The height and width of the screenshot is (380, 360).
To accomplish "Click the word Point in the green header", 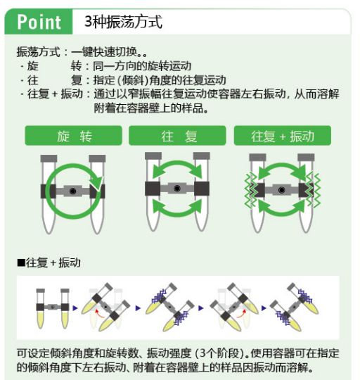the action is (x=39, y=22).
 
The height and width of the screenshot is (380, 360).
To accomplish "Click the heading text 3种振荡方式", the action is (x=123, y=22).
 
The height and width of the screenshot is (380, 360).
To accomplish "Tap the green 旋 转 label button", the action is (x=73, y=136).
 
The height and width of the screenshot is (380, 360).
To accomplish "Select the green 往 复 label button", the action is (x=177, y=136).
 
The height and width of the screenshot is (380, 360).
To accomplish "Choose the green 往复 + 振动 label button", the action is (x=282, y=136).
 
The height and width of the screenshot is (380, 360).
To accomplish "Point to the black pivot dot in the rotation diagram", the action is (x=73, y=191).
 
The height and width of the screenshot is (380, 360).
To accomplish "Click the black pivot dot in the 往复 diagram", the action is (x=177, y=189).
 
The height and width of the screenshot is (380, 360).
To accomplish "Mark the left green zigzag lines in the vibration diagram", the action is (x=251, y=190).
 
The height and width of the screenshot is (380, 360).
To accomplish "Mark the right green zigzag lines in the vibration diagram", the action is (x=313, y=190).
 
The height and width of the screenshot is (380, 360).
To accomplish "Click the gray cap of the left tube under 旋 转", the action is (x=49, y=158).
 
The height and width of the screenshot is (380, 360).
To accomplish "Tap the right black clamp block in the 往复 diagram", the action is (x=202, y=189).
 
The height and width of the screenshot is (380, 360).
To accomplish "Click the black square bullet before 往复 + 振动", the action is (x=21, y=262).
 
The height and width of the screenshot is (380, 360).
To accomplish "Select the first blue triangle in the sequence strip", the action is (x=75, y=308).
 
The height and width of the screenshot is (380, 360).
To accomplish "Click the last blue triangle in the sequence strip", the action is (x=264, y=308).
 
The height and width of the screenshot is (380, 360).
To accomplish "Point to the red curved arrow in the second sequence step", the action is (x=99, y=313).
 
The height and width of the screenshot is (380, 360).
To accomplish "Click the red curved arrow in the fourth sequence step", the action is (x=241, y=313).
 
